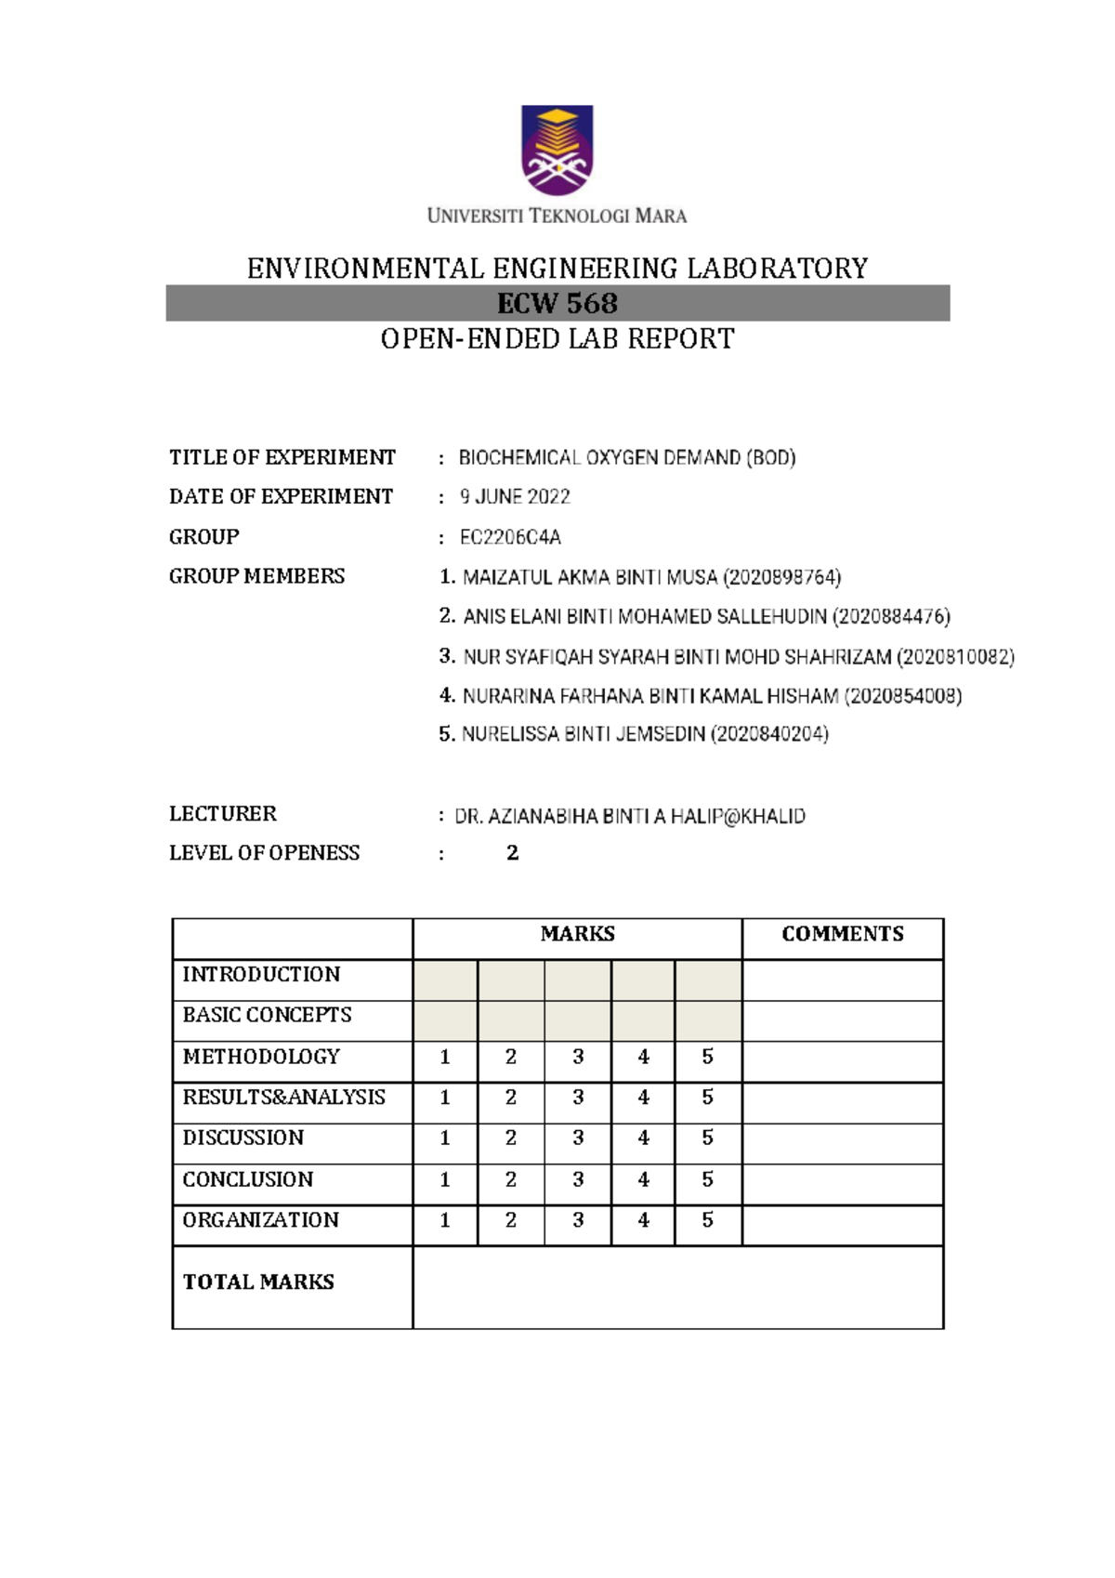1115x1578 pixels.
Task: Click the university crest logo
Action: click(557, 150)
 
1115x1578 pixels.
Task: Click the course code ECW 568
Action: click(557, 304)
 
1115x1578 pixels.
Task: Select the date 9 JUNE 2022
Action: click(515, 497)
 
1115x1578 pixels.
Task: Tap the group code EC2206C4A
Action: click(510, 538)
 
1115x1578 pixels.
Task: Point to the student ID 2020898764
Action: click(781, 578)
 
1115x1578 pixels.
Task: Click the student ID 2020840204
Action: click(769, 734)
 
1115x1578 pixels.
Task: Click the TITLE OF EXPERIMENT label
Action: click(282, 457)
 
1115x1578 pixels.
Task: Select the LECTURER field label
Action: click(223, 814)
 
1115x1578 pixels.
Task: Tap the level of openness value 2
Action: click(512, 853)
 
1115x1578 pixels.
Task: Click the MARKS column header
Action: click(577, 934)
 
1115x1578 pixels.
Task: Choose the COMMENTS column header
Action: click(842, 934)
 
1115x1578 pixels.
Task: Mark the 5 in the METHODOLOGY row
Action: click(708, 1057)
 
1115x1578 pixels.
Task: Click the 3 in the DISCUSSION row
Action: click(578, 1137)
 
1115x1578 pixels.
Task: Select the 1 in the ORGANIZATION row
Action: click(445, 1220)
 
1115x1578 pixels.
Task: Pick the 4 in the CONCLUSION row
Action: click(643, 1179)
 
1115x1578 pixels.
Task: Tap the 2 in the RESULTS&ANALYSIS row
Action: click(510, 1098)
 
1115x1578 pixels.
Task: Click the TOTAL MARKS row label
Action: click(258, 1282)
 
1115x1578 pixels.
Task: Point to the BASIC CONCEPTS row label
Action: click(267, 1015)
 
